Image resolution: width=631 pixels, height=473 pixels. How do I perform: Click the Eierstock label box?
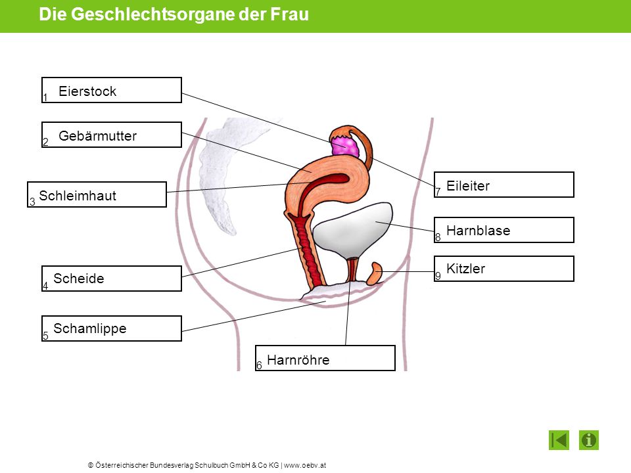tap(112, 90)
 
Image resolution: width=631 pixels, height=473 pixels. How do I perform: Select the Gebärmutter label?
tap(112, 135)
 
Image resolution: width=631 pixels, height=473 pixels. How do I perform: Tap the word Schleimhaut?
tap(78, 196)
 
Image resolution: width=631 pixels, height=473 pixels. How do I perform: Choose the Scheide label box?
tap(112, 279)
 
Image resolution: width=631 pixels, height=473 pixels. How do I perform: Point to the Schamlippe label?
tap(112, 328)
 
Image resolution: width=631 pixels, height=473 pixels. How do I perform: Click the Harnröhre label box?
tap(325, 358)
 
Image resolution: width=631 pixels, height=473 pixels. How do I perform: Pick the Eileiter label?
tap(504, 185)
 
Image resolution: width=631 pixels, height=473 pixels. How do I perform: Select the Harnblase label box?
tap(504, 230)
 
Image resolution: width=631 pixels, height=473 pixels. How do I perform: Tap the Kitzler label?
tap(504, 269)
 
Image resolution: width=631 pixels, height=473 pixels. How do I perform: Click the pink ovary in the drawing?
tap(344, 146)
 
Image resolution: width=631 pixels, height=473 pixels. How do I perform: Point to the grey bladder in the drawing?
tap(352, 230)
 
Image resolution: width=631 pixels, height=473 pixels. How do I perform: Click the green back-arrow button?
tap(559, 440)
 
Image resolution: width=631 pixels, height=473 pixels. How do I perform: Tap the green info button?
tap(589, 440)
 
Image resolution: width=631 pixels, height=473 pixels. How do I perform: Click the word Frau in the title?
tap(289, 14)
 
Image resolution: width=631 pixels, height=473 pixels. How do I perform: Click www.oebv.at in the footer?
tap(305, 465)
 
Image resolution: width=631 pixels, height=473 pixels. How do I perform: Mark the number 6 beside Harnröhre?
tap(259, 365)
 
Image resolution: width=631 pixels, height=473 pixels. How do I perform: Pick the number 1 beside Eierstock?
tap(45, 97)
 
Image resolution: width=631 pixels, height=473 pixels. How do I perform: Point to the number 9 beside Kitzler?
tap(438, 276)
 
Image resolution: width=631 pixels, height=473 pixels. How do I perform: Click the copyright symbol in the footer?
tap(91, 465)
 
